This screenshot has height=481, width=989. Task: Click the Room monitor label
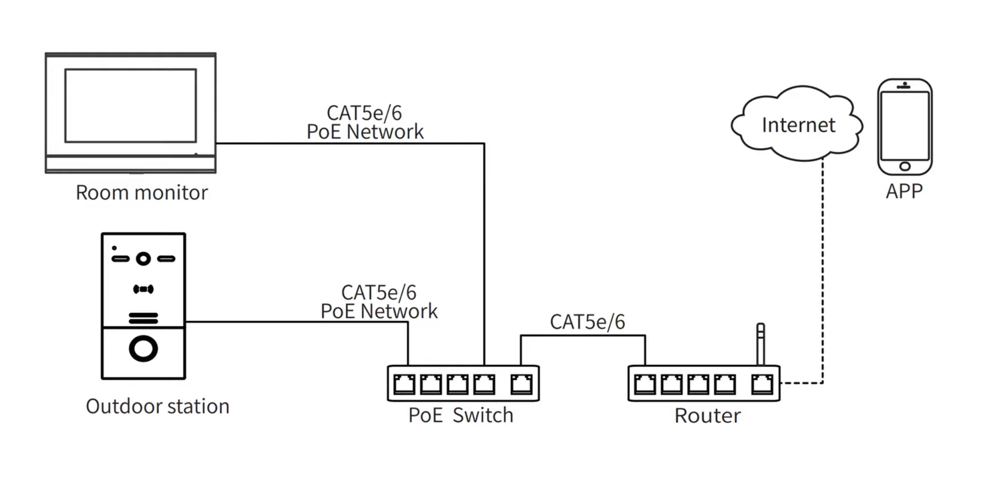click(x=142, y=193)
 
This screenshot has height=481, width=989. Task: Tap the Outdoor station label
click(x=158, y=406)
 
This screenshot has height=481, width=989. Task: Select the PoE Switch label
click(x=461, y=415)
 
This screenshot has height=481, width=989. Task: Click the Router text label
click(x=707, y=416)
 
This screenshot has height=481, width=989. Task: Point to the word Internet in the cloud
click(x=798, y=125)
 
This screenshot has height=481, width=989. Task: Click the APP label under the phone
click(x=904, y=191)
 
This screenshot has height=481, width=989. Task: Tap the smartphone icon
click(x=904, y=126)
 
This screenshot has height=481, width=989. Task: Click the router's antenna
click(x=759, y=344)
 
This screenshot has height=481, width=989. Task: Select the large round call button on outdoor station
click(x=144, y=349)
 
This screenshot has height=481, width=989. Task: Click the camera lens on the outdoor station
click(x=143, y=258)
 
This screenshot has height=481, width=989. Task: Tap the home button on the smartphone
click(x=905, y=166)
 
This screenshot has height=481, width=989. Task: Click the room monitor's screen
click(x=130, y=105)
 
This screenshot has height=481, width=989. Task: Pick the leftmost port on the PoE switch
click(x=405, y=384)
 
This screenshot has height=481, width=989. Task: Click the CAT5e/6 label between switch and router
click(x=588, y=322)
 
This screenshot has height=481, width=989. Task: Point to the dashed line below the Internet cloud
click(x=823, y=267)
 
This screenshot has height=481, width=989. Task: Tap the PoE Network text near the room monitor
click(x=365, y=131)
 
